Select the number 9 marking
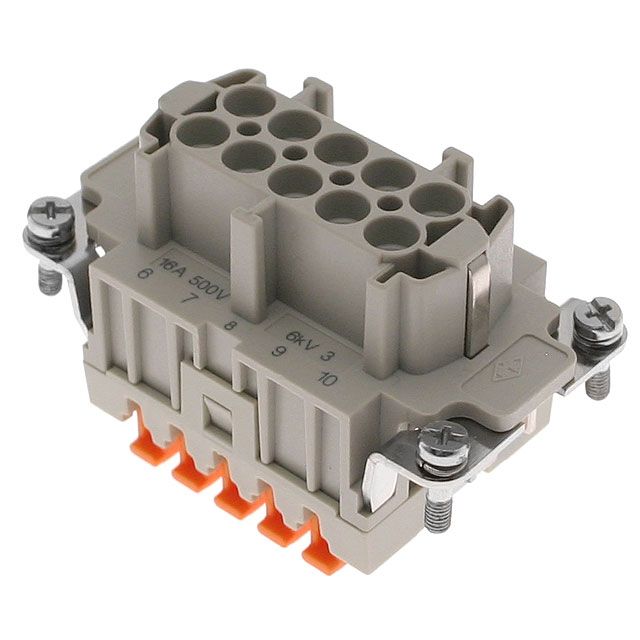tap(279, 351)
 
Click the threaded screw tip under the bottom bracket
tap(436, 515)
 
